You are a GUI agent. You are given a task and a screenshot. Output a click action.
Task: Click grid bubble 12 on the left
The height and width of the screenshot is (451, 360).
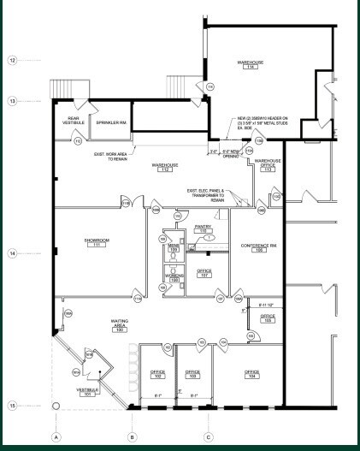pyautogui.click(x=13, y=61)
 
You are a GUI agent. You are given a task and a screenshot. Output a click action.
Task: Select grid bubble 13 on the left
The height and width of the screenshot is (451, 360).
pyautogui.click(x=13, y=101)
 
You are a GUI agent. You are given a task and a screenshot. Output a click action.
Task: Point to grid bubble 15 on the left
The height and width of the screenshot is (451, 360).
pyautogui.click(x=13, y=405)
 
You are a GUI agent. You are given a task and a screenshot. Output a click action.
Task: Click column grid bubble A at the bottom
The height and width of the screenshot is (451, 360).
pyautogui.click(x=56, y=437)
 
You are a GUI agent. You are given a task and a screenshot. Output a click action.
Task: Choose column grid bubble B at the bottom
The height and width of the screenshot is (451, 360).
pyautogui.click(x=132, y=437)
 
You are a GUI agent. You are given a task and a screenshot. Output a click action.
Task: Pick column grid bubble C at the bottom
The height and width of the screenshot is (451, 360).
pyautogui.click(x=208, y=437)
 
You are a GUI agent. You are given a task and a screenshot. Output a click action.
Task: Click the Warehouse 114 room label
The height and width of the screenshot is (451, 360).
pyautogui.click(x=250, y=65)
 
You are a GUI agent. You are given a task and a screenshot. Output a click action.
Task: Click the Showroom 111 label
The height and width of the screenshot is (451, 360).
pyautogui.click(x=97, y=243)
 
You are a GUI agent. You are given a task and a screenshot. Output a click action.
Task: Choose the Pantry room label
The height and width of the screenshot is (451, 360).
pyautogui.click(x=203, y=228)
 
